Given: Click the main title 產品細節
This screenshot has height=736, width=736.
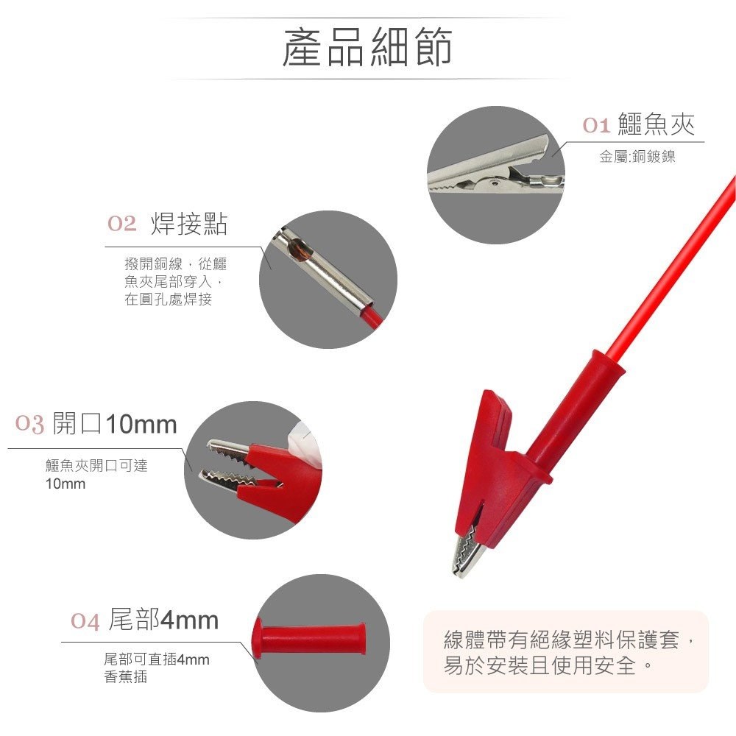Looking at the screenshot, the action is (367, 47).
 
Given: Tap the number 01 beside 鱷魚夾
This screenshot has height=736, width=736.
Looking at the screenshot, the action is (596, 125).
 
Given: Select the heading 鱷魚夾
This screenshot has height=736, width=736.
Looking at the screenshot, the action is (657, 124).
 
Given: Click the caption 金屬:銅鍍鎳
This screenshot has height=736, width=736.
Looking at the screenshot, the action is (637, 157).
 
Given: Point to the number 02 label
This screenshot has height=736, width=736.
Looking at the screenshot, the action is (121, 224).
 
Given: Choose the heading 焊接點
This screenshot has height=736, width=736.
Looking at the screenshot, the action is (188, 224).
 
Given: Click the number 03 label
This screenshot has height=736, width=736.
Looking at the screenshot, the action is (29, 424).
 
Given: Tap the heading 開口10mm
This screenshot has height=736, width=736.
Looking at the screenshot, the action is (115, 423).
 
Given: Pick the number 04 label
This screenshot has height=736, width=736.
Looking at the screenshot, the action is (85, 621).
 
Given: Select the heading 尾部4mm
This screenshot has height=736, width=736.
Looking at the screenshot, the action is (163, 620).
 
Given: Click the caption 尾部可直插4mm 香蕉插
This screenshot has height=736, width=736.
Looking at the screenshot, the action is (156, 668).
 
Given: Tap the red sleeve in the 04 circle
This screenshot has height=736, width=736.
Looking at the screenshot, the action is (309, 638).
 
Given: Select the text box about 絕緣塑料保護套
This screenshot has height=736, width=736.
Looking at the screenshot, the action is (565, 651).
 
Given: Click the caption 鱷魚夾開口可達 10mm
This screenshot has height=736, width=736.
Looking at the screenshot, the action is (96, 474).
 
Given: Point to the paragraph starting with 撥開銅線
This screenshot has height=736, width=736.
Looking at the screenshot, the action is (175, 281).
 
